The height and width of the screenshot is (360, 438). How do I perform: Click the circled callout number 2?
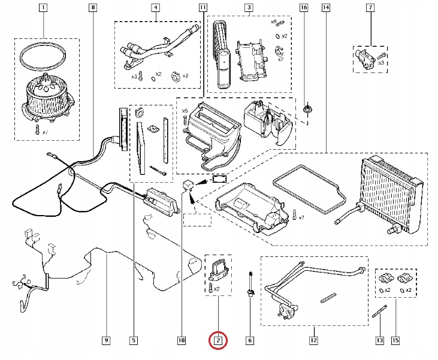[x=218, y=341]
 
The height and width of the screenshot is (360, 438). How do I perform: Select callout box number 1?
[x=42, y=8]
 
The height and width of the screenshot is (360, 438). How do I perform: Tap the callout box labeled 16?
[x=304, y=8]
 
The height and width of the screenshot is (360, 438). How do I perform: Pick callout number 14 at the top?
[x=325, y=8]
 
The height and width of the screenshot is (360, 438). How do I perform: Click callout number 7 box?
[x=370, y=8]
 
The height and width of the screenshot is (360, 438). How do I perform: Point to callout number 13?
[x=379, y=341]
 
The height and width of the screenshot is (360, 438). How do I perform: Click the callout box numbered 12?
[x=313, y=341]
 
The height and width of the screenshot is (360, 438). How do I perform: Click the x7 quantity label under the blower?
[x=44, y=131]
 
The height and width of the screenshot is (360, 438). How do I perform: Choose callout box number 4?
[x=155, y=8]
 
